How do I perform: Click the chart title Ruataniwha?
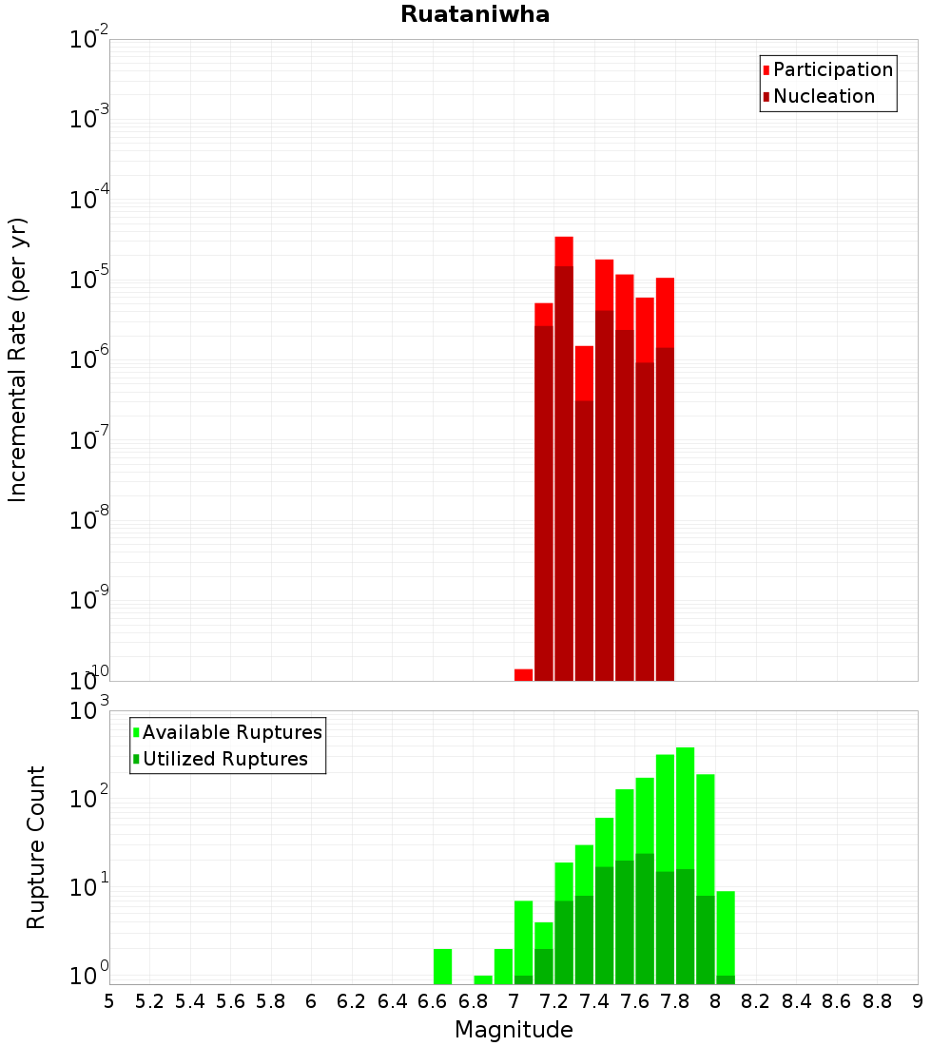pos(475,14)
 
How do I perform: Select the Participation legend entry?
pos(832,69)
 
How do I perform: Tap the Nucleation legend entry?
pos(823,96)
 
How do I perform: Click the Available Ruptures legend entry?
pos(231,732)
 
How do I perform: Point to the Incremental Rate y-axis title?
pos(18,359)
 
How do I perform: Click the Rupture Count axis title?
pos(36,846)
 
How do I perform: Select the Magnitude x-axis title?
pos(514,1030)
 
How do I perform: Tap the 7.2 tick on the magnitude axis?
pos(553,1001)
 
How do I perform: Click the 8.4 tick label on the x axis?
pos(796,1001)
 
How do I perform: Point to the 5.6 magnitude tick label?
pos(230,1001)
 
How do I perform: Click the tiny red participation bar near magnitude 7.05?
pos(523,674)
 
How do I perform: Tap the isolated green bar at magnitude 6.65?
pos(442,965)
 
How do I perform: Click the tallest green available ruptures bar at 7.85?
pos(685,808)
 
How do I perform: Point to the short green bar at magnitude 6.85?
pos(483,979)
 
